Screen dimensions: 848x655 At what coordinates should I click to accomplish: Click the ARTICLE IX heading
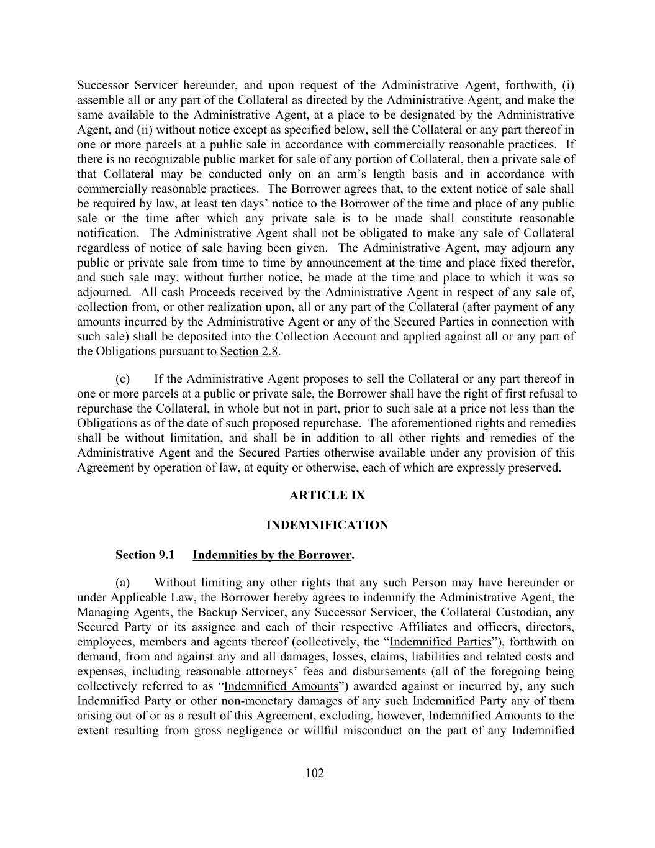tap(327, 495)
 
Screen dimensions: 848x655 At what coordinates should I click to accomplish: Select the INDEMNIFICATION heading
tap(327, 525)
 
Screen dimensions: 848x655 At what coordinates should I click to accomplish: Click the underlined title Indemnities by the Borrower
tap(272, 555)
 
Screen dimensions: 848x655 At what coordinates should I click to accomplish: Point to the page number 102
tap(315, 773)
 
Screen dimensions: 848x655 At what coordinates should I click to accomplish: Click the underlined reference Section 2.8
tap(249, 352)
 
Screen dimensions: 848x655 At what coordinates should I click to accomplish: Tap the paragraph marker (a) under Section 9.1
tap(123, 583)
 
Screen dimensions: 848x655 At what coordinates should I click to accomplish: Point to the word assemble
tap(100, 100)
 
